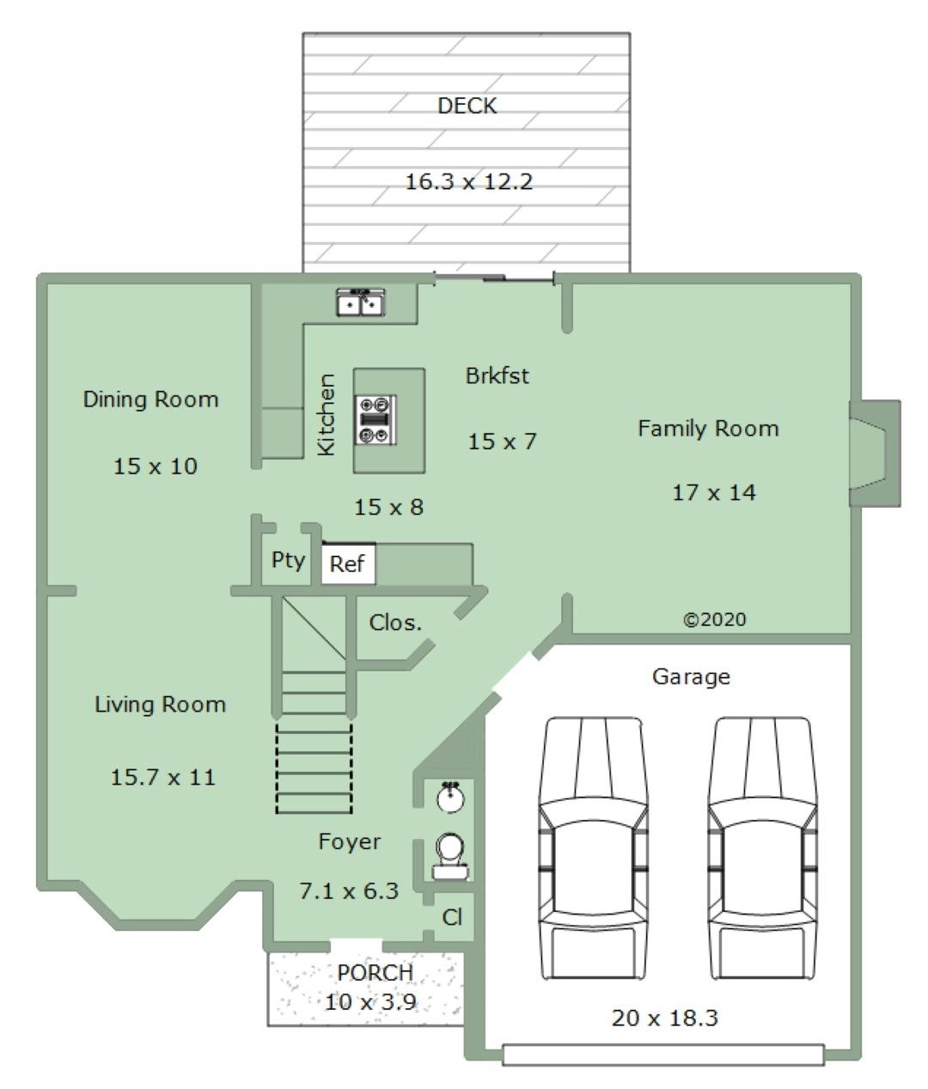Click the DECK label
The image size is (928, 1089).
click(x=467, y=106)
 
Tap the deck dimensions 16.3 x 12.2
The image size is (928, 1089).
click(x=469, y=181)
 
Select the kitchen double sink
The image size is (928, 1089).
click(x=361, y=302)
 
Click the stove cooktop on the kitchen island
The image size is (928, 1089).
click(x=375, y=420)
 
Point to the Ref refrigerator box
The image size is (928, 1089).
click(x=348, y=564)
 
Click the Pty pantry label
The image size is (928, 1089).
click(x=288, y=560)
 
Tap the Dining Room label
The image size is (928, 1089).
click(x=150, y=400)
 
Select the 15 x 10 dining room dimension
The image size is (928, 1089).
click(x=156, y=466)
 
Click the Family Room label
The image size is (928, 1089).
click(x=708, y=428)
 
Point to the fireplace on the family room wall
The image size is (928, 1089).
click(x=874, y=453)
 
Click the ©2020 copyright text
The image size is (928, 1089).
click(x=715, y=620)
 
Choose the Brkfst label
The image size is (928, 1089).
click(x=498, y=376)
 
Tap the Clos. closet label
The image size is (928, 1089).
click(x=395, y=623)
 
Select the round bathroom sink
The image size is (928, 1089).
click(x=451, y=797)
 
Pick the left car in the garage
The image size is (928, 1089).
click(x=593, y=847)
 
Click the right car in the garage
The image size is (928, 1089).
click(x=761, y=847)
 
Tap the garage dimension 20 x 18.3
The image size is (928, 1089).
click(x=665, y=1019)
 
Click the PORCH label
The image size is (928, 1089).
click(x=375, y=973)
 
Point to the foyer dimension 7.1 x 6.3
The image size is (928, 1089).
click(x=349, y=891)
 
